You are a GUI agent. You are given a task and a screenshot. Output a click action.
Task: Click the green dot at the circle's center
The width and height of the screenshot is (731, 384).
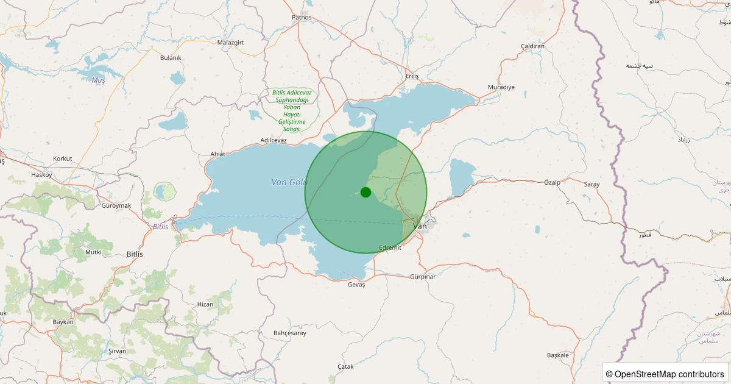[x=365, y=192]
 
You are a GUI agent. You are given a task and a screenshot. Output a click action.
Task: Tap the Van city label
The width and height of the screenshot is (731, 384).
[x=420, y=226]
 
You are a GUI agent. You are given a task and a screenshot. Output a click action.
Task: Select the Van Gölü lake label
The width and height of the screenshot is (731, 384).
[x=289, y=182]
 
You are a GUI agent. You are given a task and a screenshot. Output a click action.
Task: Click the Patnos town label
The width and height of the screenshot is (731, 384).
[x=302, y=17]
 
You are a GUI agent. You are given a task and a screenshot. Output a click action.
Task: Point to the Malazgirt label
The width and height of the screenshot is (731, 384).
[x=231, y=43]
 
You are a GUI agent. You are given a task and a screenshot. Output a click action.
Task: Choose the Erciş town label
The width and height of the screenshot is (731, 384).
[x=412, y=76]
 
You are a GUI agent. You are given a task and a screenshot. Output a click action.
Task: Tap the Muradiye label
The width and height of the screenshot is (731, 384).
[x=501, y=87]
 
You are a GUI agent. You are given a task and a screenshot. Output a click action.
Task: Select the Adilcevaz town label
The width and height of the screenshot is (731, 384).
[x=274, y=140]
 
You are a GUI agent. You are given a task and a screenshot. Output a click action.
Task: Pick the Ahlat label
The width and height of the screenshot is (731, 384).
[x=217, y=154]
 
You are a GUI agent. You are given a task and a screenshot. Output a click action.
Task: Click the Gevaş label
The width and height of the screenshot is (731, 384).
[x=356, y=285]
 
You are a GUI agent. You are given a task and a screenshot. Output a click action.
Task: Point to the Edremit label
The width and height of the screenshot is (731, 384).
[x=390, y=247]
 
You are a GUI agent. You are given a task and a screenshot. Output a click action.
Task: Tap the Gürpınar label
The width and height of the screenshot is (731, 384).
[x=423, y=277]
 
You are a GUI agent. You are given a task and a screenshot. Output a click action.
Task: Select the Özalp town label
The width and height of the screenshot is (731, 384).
[x=551, y=182]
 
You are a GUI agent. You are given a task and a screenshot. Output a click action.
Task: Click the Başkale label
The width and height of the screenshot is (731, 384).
[x=557, y=355]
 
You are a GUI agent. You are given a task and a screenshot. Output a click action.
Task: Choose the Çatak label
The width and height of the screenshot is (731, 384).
[x=345, y=366]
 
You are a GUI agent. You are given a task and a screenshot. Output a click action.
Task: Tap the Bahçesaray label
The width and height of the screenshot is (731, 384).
[x=290, y=333]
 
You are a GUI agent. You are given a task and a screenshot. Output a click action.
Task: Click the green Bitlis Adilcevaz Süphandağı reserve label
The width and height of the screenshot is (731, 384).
[x=292, y=110]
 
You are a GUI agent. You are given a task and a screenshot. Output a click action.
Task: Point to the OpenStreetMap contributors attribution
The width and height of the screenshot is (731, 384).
[x=666, y=374]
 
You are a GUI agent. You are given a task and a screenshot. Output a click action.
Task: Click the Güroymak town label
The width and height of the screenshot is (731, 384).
[x=116, y=205]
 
